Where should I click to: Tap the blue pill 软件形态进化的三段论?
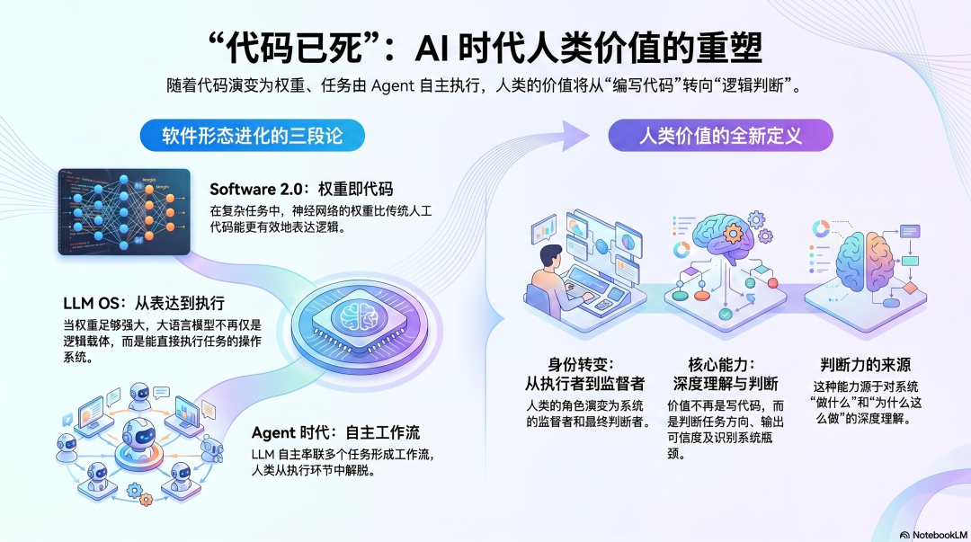[x=252, y=137]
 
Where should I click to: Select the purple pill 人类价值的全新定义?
[x=720, y=137]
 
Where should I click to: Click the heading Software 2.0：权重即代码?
[x=301, y=189]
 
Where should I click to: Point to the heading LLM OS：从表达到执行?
[x=144, y=302]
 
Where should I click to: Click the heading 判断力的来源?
[x=865, y=365]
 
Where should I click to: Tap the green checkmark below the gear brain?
[x=725, y=315]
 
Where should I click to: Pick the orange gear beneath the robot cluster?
[x=136, y=490]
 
